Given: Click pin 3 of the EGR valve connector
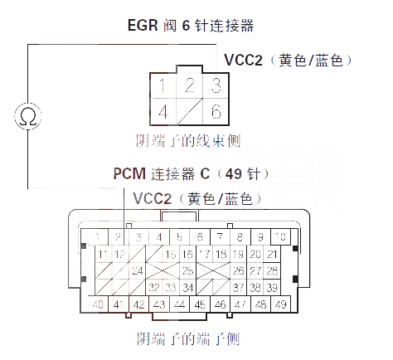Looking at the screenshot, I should [215, 85].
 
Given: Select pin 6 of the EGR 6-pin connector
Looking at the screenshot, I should [215, 111].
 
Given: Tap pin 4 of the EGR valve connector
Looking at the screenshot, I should [167, 111].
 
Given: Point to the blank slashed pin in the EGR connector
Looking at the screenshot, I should [191, 111].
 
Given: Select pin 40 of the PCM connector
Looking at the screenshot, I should [98, 304].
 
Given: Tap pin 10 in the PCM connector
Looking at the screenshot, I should [281, 237].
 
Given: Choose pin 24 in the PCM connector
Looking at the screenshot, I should [137, 270].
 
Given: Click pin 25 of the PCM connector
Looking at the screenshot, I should [187, 270].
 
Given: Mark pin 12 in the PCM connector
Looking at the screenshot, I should [119, 254].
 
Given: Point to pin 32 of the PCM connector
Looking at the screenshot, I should [154, 287].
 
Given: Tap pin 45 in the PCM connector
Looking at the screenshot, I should [200, 304].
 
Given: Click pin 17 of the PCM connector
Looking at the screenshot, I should [206, 254].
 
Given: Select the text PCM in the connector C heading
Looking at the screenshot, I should [129, 174].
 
